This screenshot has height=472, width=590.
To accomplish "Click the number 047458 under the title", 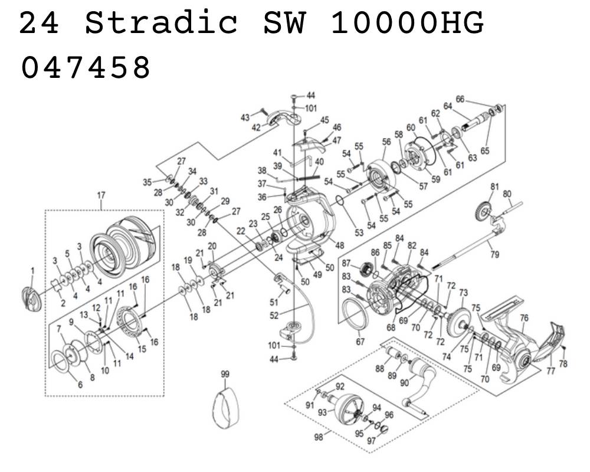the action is point(86,67).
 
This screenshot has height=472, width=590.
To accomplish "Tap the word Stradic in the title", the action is point(162,22).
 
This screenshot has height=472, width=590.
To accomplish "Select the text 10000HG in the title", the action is point(407,22).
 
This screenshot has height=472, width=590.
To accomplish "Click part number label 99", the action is point(225,374).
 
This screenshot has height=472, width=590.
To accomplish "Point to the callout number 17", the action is point(101,195).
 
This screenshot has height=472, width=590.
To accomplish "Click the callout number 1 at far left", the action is point(32,271).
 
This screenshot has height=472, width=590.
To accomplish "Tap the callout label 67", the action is point(360,342).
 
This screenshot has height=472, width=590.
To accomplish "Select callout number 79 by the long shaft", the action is point(495,254).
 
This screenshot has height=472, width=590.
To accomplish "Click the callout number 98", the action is point(319,437).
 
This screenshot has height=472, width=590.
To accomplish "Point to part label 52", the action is point(274,316).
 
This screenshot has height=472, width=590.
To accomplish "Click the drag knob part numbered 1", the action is point(31,299).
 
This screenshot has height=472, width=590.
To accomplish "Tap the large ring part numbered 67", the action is point(355,313).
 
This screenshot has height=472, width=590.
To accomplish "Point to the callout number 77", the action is point(551,371).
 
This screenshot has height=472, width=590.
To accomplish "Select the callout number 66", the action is point(460,99).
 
